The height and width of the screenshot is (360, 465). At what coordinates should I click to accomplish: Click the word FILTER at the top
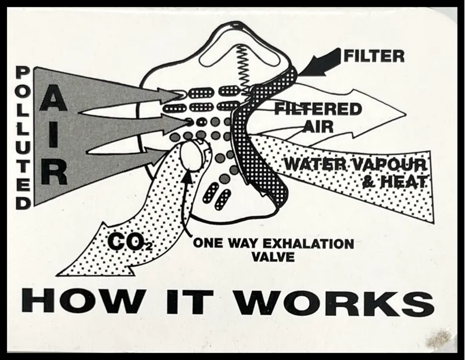point(374,56)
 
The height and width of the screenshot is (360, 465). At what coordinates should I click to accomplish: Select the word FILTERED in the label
point(318,109)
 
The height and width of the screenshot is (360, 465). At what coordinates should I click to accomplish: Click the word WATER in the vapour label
point(314,164)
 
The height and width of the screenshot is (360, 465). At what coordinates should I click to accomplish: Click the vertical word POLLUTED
point(23,138)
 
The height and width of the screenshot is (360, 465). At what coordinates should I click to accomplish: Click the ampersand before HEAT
point(369,182)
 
